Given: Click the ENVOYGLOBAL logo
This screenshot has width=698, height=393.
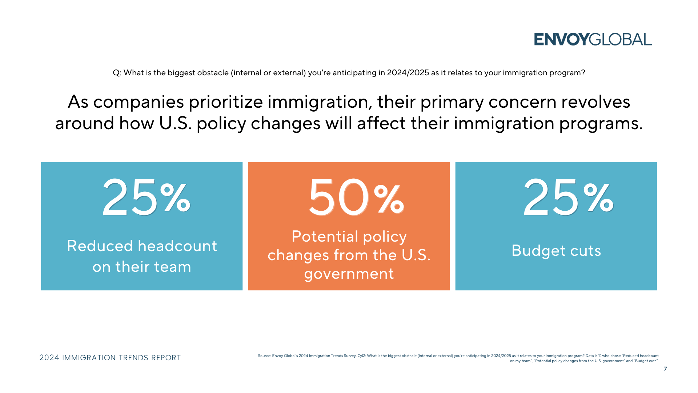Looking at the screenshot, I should pyautogui.click(x=593, y=39).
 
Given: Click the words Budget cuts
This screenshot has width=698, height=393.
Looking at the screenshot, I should pyautogui.click(x=556, y=251).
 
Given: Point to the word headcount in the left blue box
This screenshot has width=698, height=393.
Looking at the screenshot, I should pyautogui.click(x=177, y=246).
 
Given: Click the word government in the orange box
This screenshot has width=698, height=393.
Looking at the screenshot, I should pyautogui.click(x=349, y=274).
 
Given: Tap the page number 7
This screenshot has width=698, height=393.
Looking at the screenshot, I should pyautogui.click(x=665, y=369).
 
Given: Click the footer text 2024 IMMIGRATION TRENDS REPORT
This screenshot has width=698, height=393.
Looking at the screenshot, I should pyautogui.click(x=110, y=358).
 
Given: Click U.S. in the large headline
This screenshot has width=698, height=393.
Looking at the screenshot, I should pyautogui.click(x=175, y=123).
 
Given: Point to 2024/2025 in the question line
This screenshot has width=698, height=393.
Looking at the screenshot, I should pyautogui.click(x=408, y=73).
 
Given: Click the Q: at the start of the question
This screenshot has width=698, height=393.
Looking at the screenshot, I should pyautogui.click(x=117, y=73).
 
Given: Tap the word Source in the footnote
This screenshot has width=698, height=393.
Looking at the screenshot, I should pyautogui.click(x=264, y=356).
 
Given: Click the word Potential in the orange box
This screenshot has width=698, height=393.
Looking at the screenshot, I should pyautogui.click(x=325, y=237).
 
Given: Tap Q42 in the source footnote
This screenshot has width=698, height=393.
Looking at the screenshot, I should pyautogui.click(x=361, y=356).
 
